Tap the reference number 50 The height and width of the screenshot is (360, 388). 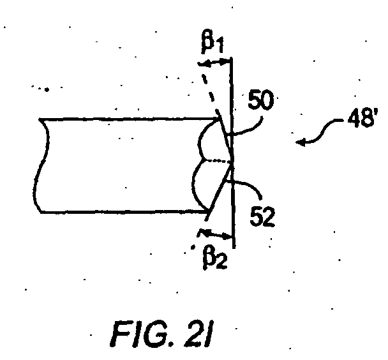(261, 100)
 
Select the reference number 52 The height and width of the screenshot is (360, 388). (262, 216)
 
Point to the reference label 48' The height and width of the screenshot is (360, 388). (362, 118)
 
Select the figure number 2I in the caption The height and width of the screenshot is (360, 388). (199, 334)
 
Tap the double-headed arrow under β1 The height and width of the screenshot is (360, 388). (214, 63)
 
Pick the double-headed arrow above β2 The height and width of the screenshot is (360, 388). (215, 234)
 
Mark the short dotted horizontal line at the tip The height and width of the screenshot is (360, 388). (217, 161)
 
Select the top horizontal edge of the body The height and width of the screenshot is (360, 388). (129, 119)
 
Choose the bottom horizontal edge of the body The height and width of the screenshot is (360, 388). (124, 212)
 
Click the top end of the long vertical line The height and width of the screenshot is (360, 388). (231, 58)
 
